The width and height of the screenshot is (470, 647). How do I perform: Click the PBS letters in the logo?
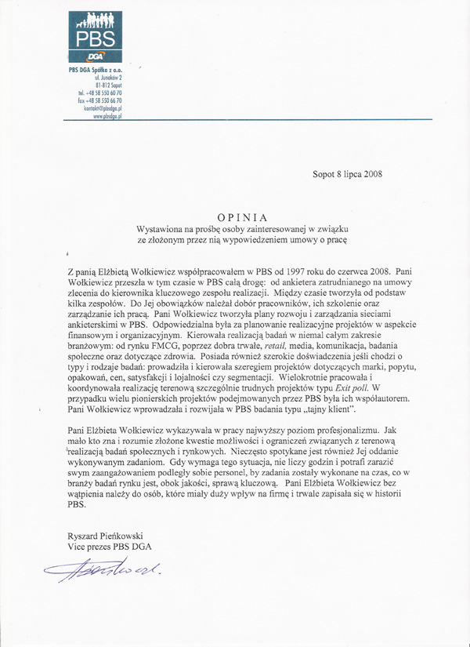point(96,38)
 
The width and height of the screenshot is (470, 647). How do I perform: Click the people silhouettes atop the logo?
point(96,20)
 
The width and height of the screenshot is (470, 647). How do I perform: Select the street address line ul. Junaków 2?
point(108,79)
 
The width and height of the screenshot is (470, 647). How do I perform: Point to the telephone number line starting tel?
point(100,93)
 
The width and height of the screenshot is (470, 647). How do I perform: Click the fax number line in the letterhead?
point(100,100)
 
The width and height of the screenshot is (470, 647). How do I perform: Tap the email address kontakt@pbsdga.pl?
point(103,107)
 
